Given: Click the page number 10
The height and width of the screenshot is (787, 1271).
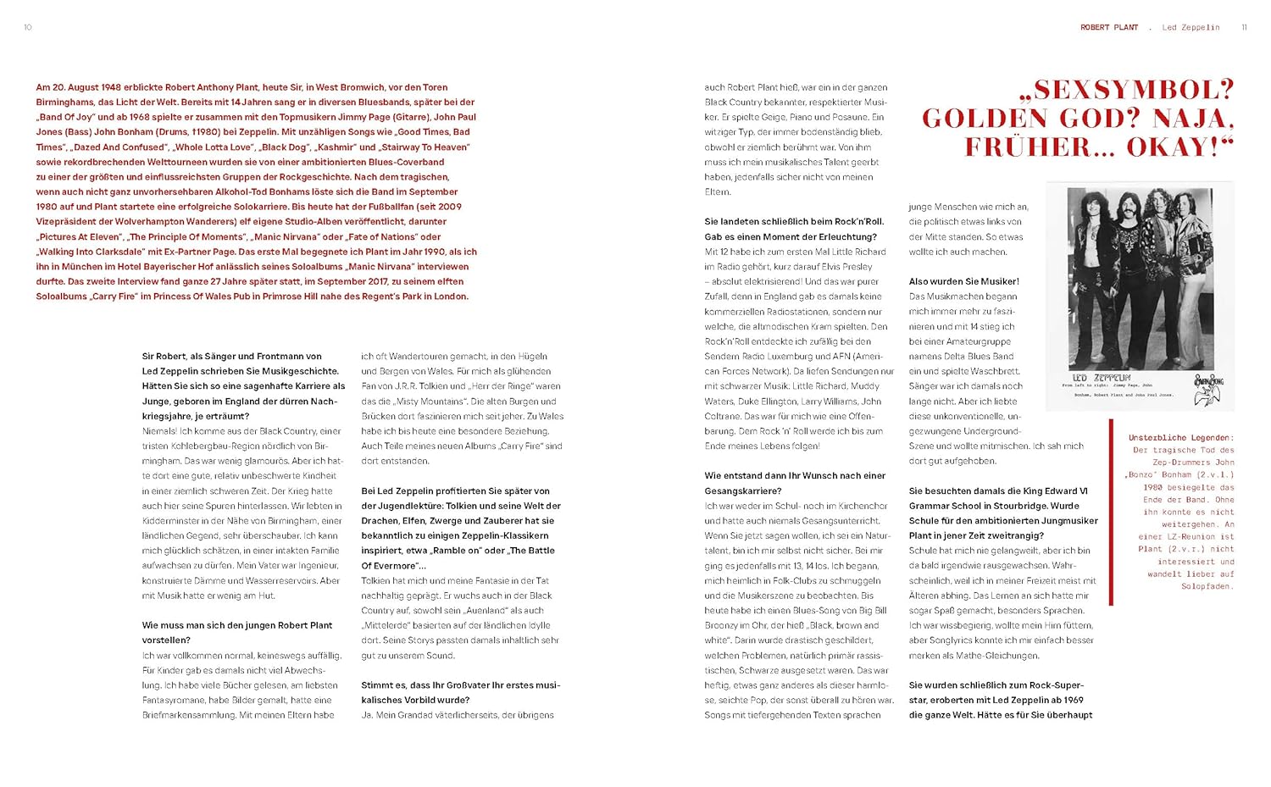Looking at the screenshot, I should (x=28, y=27).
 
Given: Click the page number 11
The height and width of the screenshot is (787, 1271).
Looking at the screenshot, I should (x=1244, y=27).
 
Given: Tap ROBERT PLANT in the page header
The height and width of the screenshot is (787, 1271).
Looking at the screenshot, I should (x=1108, y=27).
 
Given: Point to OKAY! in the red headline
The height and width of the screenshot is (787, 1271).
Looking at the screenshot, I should (x=1179, y=147).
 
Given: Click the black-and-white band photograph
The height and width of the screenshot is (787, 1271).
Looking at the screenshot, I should (x=1140, y=297).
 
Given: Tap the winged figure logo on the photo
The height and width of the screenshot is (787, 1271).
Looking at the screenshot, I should (x=1207, y=390).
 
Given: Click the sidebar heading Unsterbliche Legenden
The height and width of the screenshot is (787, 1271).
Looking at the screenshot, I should (x=1180, y=438).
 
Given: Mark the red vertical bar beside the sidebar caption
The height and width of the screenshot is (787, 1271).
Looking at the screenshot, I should (x=1111, y=513).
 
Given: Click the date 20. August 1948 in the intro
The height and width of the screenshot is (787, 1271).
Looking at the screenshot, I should (x=86, y=87).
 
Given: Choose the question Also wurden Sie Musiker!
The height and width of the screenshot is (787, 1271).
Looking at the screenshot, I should (x=963, y=281).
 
